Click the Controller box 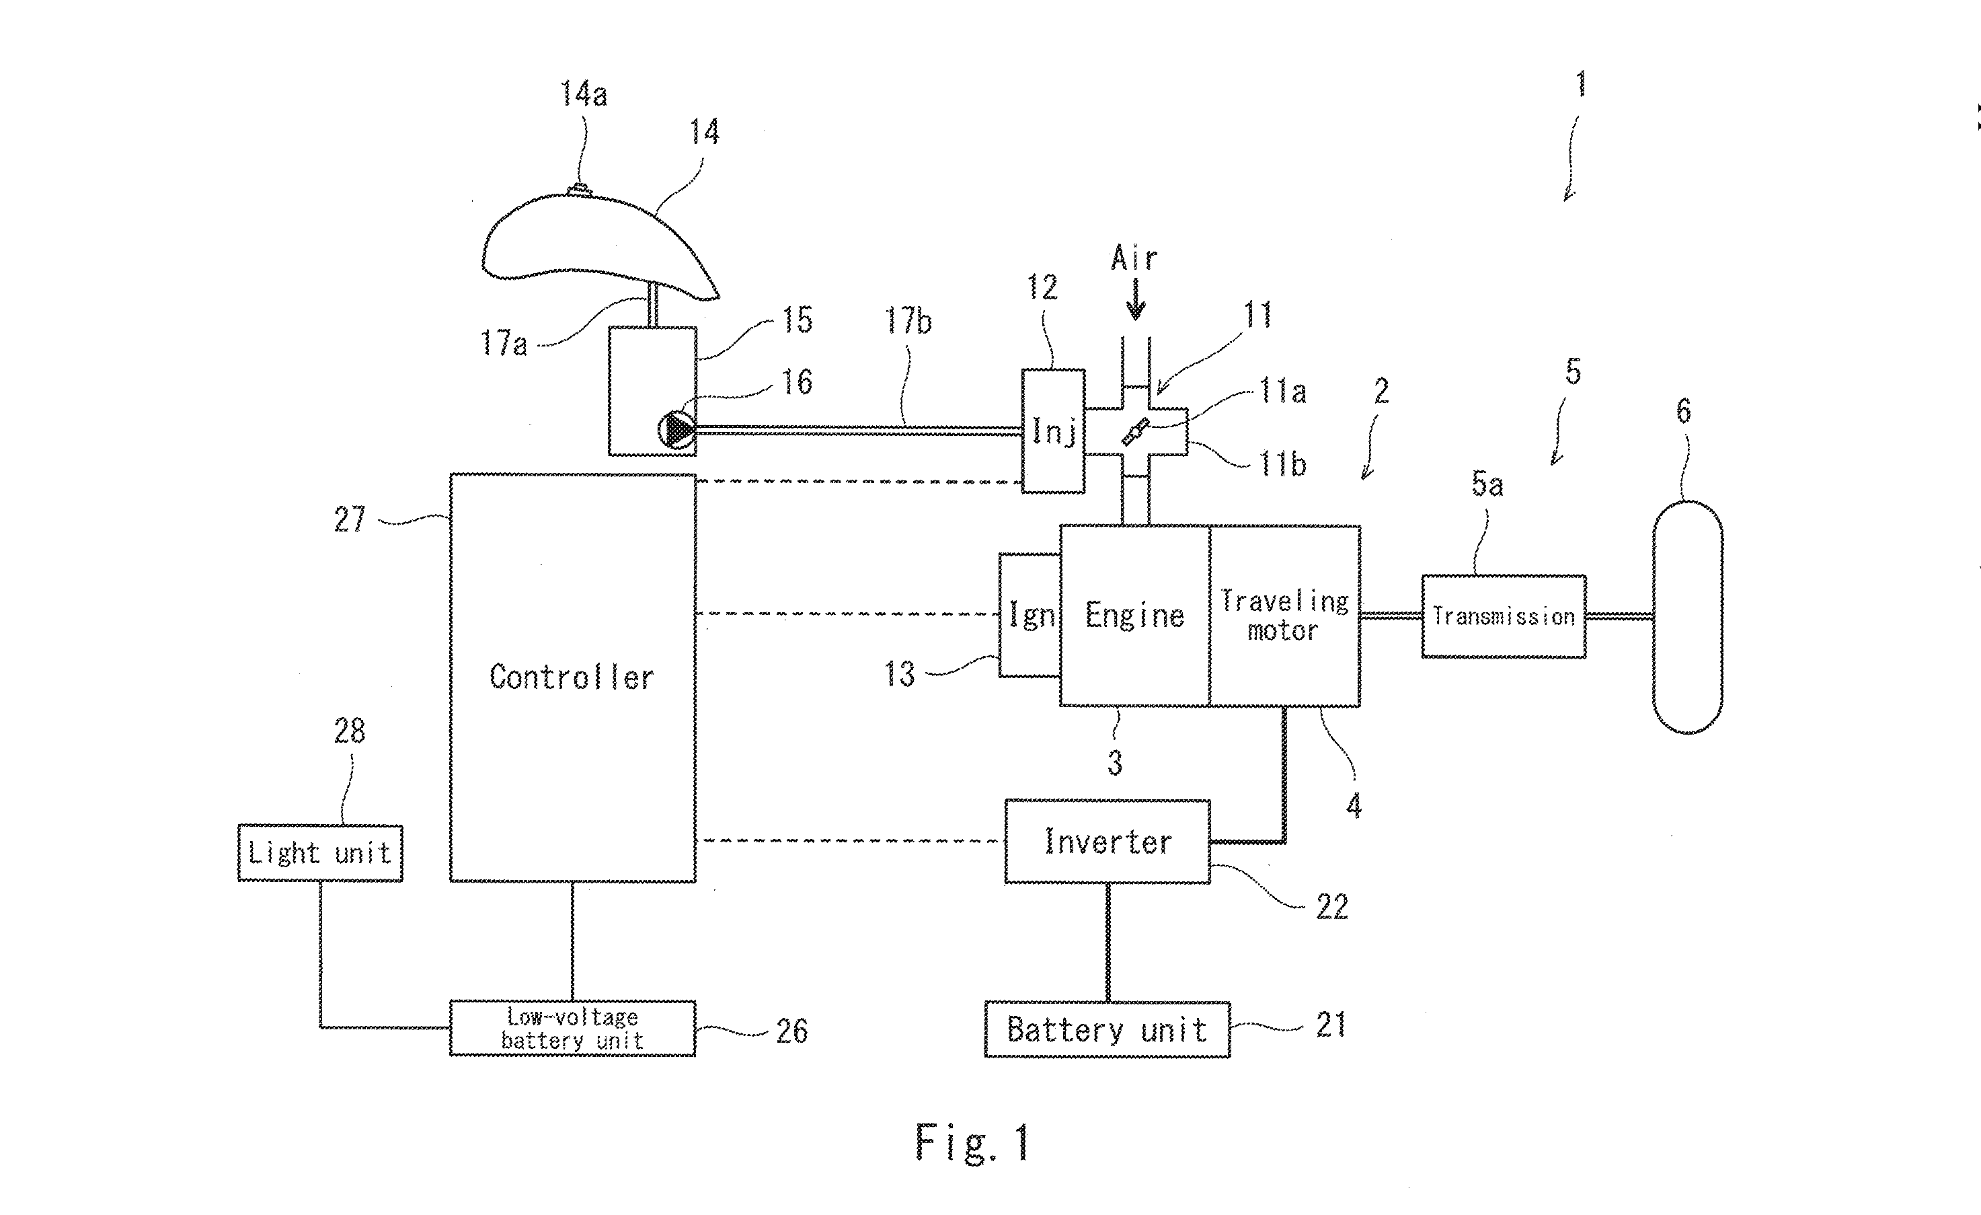572,677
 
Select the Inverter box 1107,841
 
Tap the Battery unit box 1107,1029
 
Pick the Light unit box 320,852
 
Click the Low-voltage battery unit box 572,1029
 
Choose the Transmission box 1504,617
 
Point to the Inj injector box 1053,431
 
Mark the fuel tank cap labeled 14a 580,190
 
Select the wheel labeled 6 1686,617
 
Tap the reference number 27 350,519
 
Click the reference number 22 1331,907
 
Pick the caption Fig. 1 972,1142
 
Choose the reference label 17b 908,322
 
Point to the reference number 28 350,731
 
